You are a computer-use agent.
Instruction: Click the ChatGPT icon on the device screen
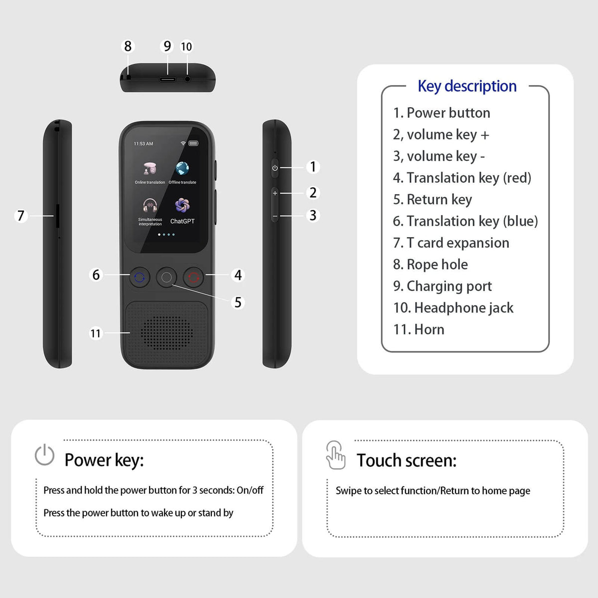[182, 205]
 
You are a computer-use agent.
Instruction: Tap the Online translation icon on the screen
[149, 168]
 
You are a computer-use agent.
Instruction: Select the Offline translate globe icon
[182, 168]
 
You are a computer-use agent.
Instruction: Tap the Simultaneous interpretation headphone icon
[149, 205]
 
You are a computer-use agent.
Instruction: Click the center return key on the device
[167, 278]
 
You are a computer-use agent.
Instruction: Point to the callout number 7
[21, 216]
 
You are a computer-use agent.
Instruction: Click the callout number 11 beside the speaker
[95, 333]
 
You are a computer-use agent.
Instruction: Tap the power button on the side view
[275, 168]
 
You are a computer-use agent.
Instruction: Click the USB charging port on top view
[167, 79]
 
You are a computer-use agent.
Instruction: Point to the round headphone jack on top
[187, 79]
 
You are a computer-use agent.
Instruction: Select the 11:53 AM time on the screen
[144, 144]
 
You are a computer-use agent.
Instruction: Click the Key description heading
[467, 86]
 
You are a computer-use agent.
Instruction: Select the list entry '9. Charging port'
[442, 286]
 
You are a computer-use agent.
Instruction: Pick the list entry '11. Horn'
[419, 329]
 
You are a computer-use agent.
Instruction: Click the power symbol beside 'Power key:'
[44, 455]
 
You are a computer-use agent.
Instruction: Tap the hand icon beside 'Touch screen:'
[335, 455]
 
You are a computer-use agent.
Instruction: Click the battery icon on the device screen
[193, 144]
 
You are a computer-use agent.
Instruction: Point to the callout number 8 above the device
[128, 46]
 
